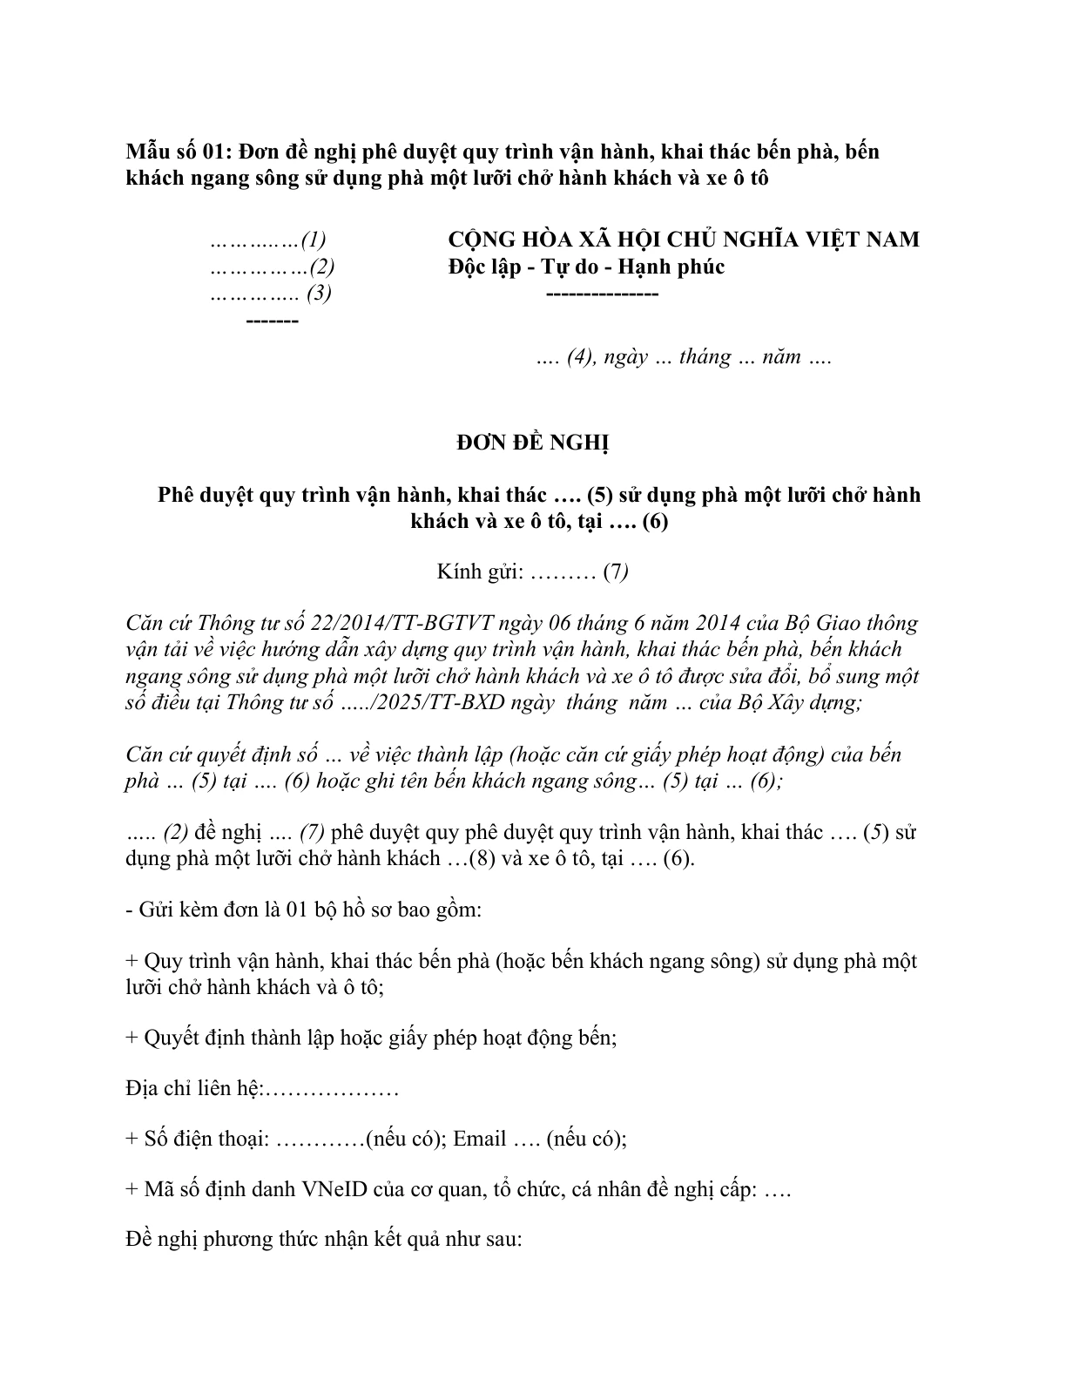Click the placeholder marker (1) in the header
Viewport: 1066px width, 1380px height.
[x=314, y=240]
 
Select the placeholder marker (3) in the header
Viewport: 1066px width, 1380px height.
[x=319, y=294]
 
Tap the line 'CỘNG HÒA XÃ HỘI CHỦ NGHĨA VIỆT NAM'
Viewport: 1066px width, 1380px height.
[x=683, y=240]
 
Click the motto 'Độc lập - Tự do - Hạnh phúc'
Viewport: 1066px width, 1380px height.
[x=585, y=267]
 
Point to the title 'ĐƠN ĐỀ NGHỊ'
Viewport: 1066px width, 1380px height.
[x=533, y=443]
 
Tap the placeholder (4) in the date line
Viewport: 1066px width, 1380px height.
[x=579, y=357]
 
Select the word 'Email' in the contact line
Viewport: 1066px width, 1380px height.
[x=480, y=1140]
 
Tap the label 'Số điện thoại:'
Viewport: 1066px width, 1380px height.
[x=206, y=1140]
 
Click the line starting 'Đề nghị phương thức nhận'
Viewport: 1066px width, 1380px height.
[x=323, y=1240]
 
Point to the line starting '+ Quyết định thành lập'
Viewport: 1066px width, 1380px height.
[x=372, y=1038]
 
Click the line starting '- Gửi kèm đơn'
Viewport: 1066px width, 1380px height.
[x=304, y=911]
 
